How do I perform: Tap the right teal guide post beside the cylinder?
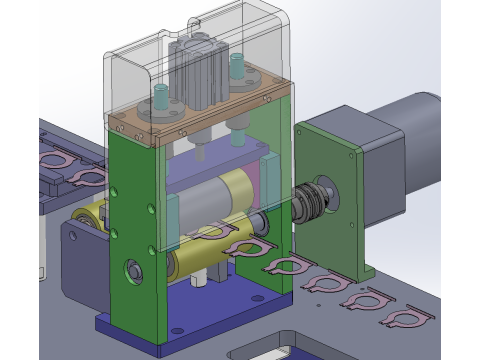236,69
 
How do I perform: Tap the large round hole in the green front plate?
132,269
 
